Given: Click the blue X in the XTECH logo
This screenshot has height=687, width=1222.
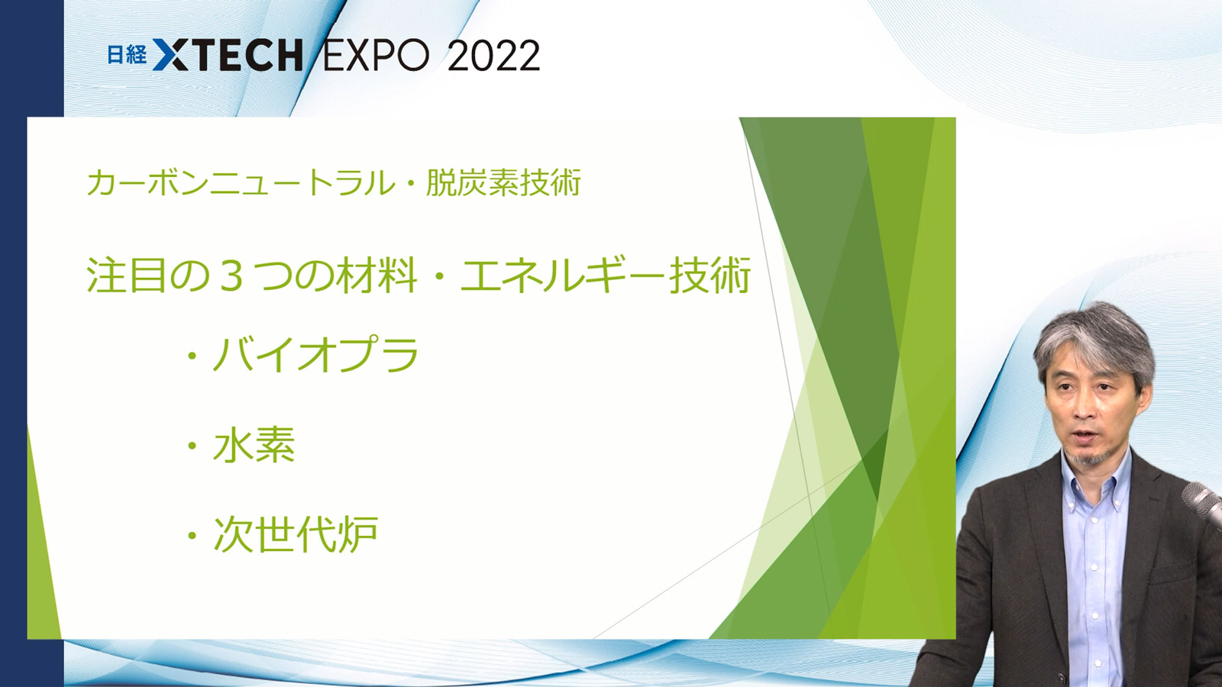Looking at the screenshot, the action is click(x=171, y=54).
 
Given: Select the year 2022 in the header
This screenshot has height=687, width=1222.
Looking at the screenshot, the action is click(x=493, y=55).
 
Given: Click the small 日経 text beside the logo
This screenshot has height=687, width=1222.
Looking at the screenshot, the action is click(x=127, y=54).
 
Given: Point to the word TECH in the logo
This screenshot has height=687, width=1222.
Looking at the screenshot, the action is click(x=246, y=54).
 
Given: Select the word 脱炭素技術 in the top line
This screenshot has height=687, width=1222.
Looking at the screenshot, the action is click(x=503, y=182).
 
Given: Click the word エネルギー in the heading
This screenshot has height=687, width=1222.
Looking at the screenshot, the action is click(x=562, y=276).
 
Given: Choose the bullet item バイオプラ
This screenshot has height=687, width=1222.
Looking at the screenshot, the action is click(x=315, y=354).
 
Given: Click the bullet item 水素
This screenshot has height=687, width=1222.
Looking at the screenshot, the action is click(x=254, y=444).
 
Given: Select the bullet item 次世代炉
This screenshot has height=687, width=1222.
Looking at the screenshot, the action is click(x=296, y=534).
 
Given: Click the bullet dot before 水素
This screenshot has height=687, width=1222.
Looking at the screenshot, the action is click(x=192, y=446).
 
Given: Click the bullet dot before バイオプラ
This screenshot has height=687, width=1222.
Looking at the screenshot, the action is click(x=192, y=356).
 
